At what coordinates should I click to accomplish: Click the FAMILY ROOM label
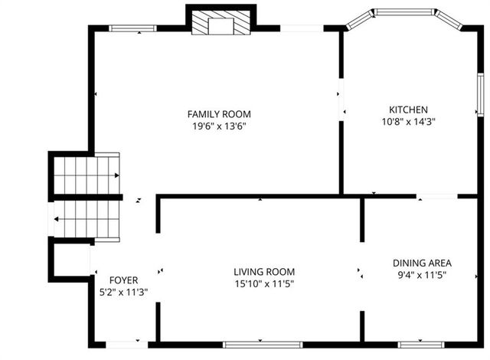click(219, 114)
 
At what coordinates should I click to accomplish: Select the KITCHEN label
click(408, 110)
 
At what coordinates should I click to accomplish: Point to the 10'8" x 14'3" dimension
click(408, 121)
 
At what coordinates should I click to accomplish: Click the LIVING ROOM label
click(264, 272)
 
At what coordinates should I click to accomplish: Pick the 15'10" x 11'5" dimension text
click(264, 284)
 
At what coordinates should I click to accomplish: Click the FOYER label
click(123, 280)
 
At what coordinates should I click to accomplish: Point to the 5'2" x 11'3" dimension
click(123, 292)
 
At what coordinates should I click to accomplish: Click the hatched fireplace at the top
click(220, 24)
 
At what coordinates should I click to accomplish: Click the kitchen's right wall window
click(480, 95)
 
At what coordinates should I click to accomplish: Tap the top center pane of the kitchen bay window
click(404, 12)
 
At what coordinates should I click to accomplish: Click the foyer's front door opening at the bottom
click(122, 344)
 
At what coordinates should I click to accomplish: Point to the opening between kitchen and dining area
click(436, 197)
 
